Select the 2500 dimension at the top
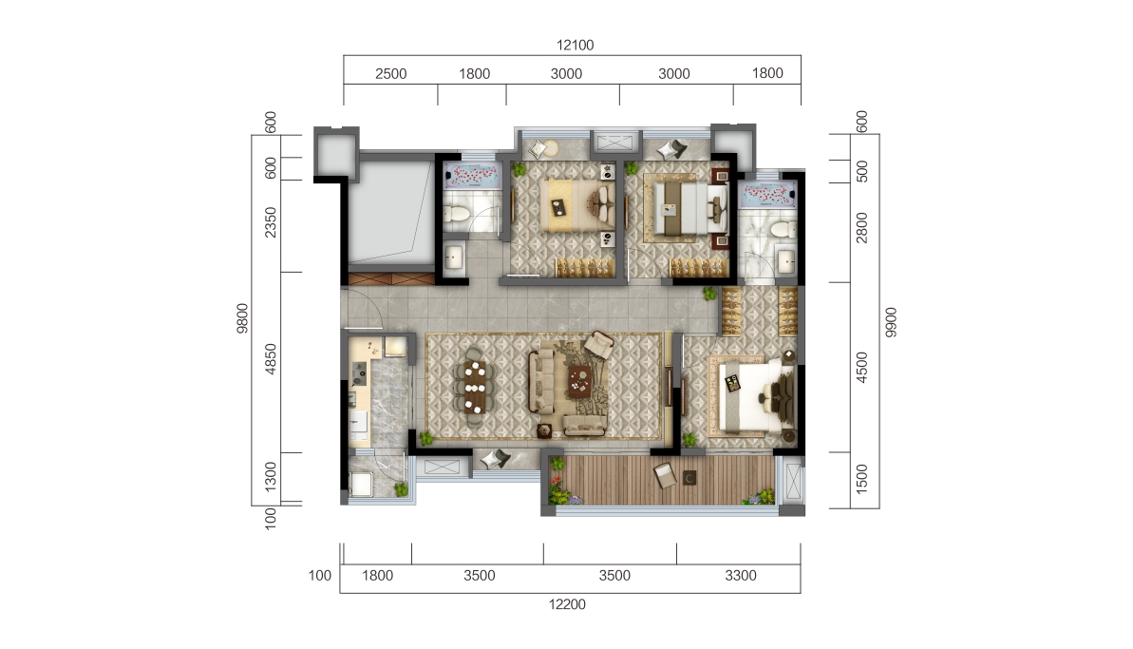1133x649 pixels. pyautogui.click(x=390, y=74)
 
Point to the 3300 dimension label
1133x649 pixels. pyautogui.click(x=740, y=575)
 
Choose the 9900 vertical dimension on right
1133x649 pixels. pyautogui.click(x=889, y=321)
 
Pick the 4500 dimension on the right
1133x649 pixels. pyautogui.click(x=861, y=367)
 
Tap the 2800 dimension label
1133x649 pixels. pyautogui.click(x=861, y=228)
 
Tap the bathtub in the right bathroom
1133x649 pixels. pyautogui.click(x=767, y=194)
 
